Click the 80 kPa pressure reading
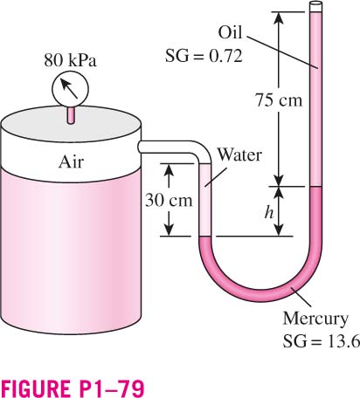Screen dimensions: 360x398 point(70,60)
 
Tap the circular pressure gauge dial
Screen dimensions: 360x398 point(70,89)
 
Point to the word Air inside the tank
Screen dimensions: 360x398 point(71,161)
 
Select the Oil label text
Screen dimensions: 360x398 point(230,32)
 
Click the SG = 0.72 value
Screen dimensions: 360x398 point(204,56)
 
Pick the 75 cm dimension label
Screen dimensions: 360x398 point(279,99)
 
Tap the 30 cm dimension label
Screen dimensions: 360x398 point(169,200)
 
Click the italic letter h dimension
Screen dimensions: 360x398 point(269,212)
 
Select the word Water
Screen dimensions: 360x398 point(239,154)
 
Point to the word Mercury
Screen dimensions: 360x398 point(315,319)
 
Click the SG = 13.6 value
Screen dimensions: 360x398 point(322,341)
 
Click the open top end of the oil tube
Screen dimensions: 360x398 point(316,4)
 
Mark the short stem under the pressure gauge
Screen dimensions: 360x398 point(71,115)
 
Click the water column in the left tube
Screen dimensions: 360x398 point(204,200)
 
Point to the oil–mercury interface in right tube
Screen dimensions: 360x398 point(316,187)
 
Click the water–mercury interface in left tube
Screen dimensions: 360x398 point(204,236)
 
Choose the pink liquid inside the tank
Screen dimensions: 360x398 point(71,250)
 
